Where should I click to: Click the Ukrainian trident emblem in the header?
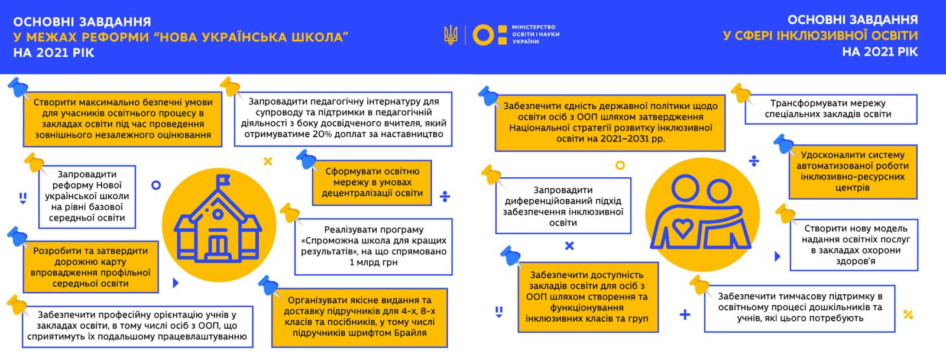pos(451,35)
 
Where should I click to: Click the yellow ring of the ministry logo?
pos(482,35)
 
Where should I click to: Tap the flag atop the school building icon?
pos(223,181)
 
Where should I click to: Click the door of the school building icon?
pos(218,245)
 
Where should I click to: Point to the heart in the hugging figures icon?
pos(683,228)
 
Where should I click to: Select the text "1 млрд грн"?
pos(374,262)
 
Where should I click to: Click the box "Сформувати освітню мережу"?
pos(372,182)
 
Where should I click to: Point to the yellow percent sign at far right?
pos(909,314)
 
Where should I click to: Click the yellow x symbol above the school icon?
pos(268,161)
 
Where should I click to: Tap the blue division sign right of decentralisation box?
pos(445,196)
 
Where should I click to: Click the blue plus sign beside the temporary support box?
pos(685,315)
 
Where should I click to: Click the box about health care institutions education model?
pos(855,244)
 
